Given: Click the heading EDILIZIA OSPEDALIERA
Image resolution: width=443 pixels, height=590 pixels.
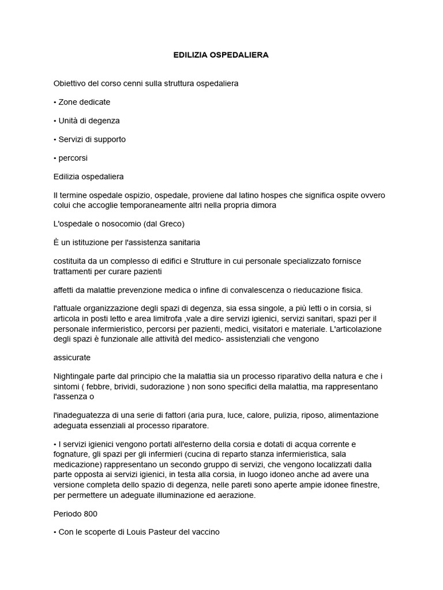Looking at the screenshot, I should click(x=221, y=55).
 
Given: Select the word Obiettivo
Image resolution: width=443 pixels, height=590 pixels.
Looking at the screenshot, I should click(x=70, y=83).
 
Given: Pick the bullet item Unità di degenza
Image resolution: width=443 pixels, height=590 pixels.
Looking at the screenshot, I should click(x=89, y=120).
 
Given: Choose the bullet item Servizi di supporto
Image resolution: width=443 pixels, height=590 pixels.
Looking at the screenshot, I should click(x=92, y=139).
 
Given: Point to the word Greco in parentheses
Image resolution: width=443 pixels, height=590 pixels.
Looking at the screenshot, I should click(x=169, y=223).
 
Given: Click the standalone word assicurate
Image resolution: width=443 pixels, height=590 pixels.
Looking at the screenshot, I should click(x=72, y=357).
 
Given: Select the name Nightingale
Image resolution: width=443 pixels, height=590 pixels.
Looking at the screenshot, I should click(x=75, y=376).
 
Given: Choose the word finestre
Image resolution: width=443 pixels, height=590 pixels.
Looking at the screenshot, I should click(x=365, y=485).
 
